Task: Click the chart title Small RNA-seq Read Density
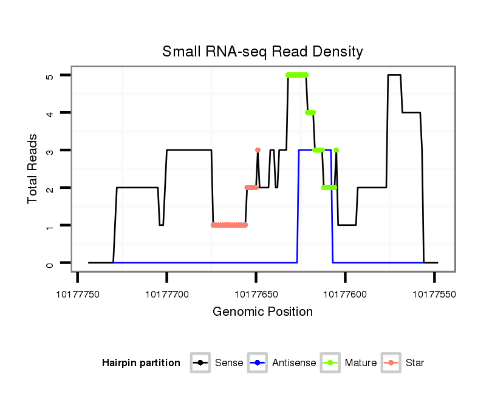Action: [x=262, y=52]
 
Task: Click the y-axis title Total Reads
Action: [x=33, y=168]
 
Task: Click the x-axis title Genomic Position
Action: [x=262, y=312]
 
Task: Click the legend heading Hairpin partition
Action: [x=141, y=363]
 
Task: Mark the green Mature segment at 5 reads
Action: [x=297, y=75]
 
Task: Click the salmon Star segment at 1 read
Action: [x=229, y=225]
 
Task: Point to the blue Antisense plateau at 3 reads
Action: [x=315, y=150]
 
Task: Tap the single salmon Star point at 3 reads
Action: [x=258, y=150]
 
